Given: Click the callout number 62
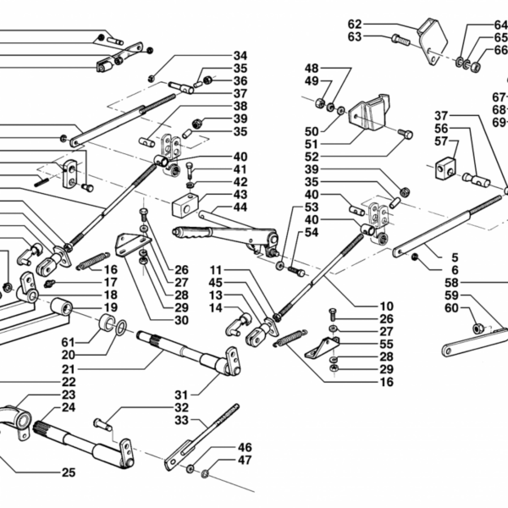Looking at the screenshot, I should [354, 24].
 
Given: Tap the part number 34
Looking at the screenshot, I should [240, 57].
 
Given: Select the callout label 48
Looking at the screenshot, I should [312, 68].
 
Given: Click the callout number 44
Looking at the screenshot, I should [240, 207].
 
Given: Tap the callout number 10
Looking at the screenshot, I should [386, 306].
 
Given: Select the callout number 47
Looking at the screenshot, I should [245, 461].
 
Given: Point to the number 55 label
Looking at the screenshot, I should [386, 345].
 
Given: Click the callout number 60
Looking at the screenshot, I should [451, 307].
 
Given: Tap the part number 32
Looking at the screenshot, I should [180, 406].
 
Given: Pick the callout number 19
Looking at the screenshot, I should [111, 307].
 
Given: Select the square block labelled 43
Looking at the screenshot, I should [185, 206].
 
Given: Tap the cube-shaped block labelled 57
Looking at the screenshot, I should [446, 168].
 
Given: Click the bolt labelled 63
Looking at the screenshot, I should [402, 39].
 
